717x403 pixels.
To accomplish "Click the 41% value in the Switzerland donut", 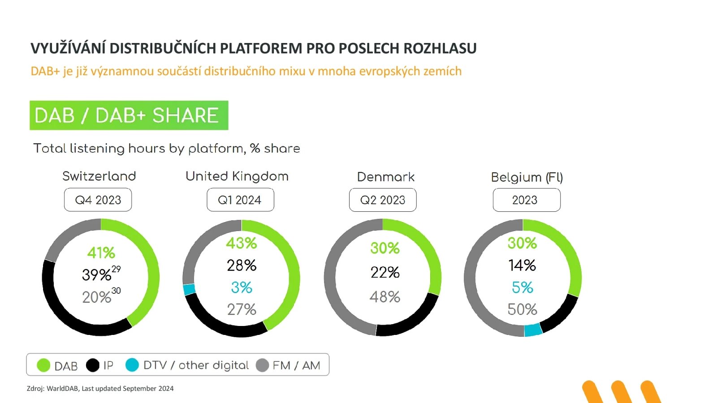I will click(101, 253).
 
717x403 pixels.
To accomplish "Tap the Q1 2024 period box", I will click(240, 200).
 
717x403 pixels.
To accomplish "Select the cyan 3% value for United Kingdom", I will click(242, 287).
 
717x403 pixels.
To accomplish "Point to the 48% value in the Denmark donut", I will click(385, 297).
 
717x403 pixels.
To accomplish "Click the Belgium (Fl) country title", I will click(527, 177).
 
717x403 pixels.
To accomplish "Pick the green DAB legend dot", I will click(43, 365).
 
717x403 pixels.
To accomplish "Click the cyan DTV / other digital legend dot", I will click(132, 365).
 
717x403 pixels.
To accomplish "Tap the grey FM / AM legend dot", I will click(262, 365).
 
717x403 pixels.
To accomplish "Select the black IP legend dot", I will click(93, 365).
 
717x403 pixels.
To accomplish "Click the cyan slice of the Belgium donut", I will click(533, 330).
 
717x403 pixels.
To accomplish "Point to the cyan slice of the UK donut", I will click(189, 289).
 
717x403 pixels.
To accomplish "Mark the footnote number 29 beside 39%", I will click(116, 269).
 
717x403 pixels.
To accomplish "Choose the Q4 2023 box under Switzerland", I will click(98, 200).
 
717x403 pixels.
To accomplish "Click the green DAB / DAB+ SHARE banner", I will click(129, 116).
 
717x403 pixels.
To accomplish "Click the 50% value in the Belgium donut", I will click(523, 309).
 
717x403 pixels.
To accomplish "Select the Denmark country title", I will click(386, 177).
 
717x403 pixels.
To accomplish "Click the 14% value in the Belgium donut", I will click(523, 266).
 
